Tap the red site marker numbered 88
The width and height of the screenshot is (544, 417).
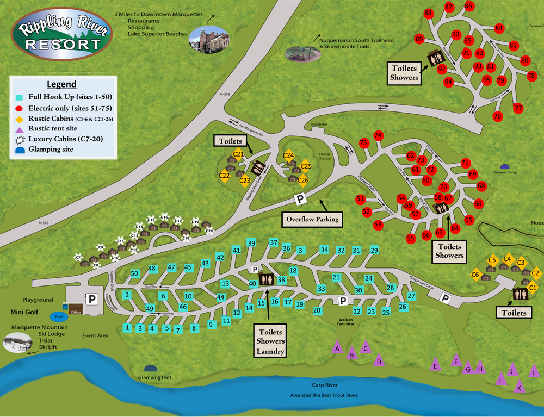coord(428,13)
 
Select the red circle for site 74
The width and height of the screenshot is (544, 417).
coord(379,135)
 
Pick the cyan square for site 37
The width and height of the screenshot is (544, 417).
coord(274,242)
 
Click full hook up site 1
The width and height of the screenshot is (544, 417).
coord(127,328)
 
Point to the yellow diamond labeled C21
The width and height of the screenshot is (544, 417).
coord(238,154)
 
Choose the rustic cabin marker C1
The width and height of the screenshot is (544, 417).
coord(533,288)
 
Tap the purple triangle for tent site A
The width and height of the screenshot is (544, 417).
coord(337,348)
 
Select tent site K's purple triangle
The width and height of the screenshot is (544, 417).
coord(518,388)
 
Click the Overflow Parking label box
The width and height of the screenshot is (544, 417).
coord(312,220)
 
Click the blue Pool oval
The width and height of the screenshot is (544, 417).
coord(58,316)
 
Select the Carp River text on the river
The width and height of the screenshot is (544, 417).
coord(326,384)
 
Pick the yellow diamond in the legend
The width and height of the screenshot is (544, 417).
coord(18,118)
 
